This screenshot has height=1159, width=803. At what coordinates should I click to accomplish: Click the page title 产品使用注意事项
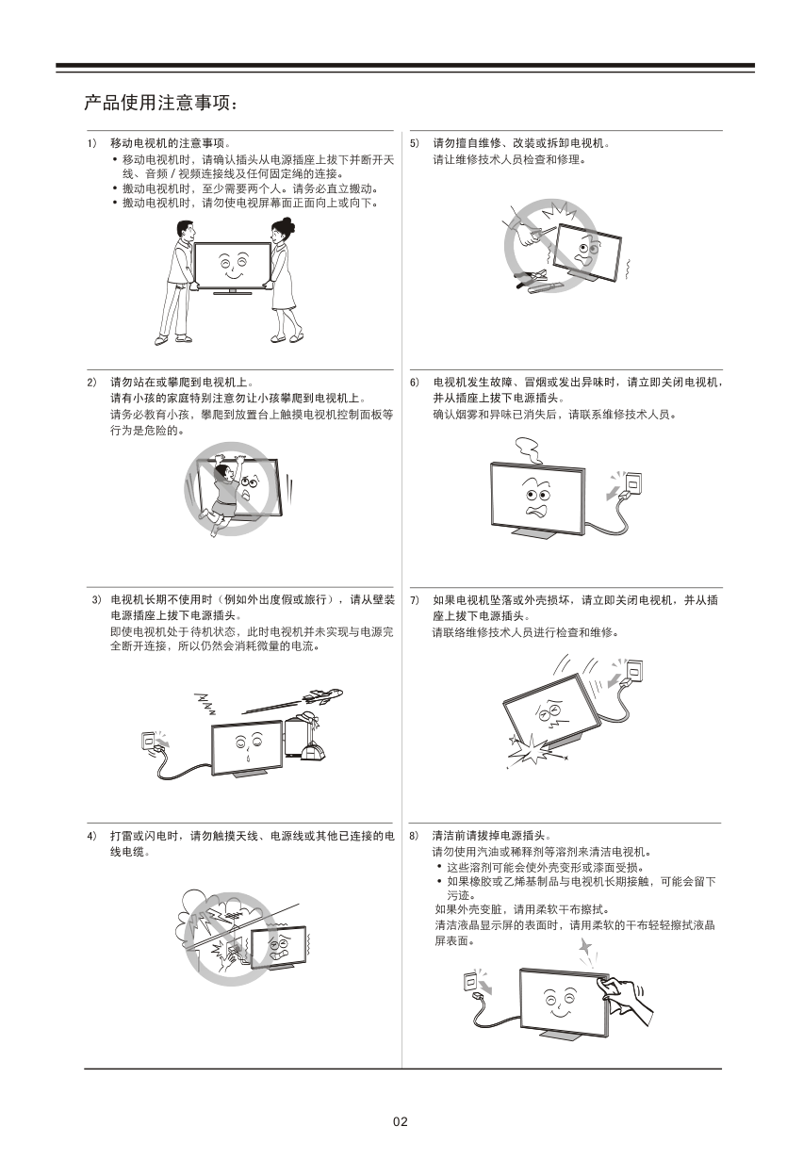156,103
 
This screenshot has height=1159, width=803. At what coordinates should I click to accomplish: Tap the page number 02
401,1121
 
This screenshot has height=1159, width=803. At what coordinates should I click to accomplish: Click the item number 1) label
91,143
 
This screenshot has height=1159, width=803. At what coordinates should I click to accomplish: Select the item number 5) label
415,143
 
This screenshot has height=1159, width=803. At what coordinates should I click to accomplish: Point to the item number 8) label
414,836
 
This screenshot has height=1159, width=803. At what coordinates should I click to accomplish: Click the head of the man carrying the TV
185,231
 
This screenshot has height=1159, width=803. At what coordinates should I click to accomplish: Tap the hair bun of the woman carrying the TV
287,223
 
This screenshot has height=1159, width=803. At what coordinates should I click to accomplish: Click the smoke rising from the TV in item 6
528,450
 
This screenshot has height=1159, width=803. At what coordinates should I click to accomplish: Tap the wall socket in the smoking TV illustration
632,482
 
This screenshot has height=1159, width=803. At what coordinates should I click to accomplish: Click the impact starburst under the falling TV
530,749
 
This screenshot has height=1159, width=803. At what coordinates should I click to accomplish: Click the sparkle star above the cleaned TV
585,947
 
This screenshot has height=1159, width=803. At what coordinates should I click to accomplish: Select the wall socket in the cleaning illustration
471,981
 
